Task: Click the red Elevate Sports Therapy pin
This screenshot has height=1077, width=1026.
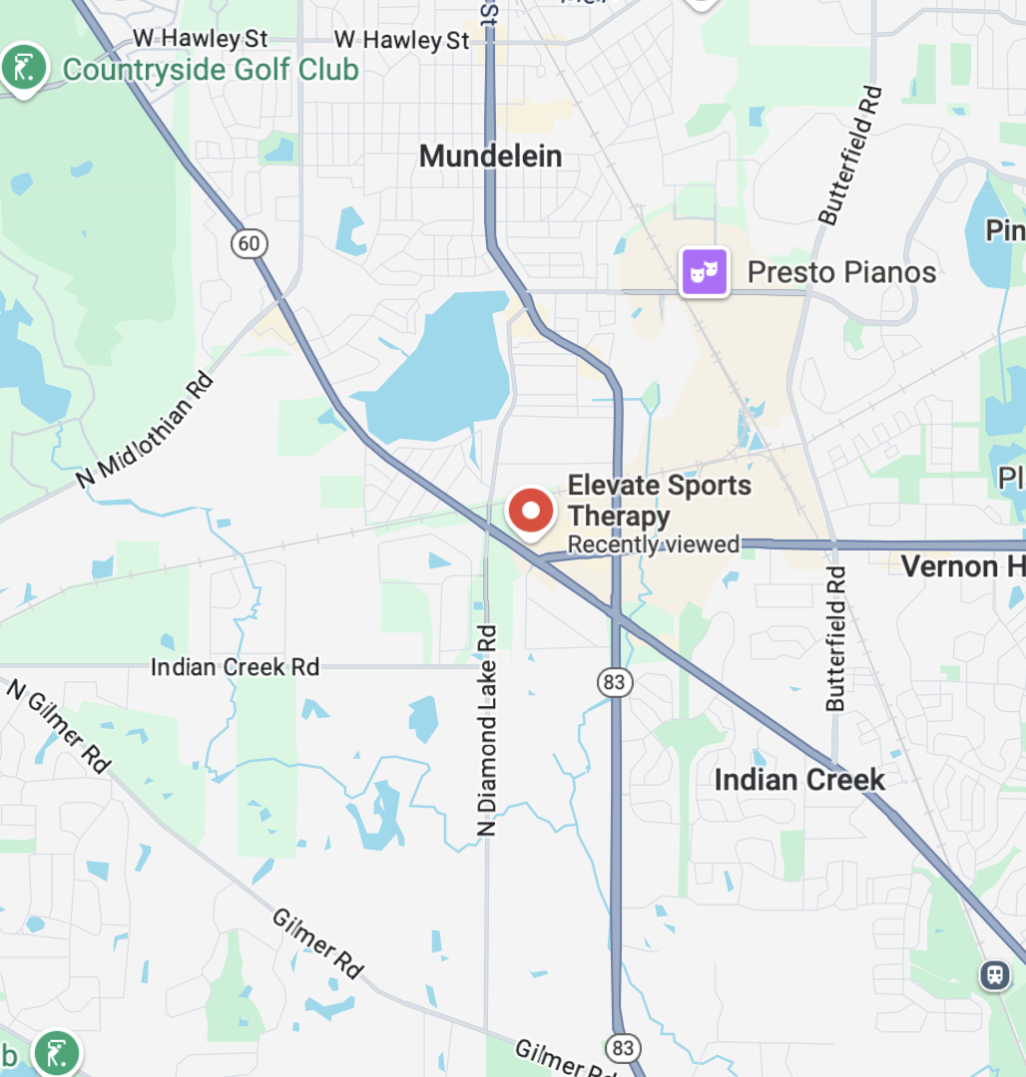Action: click(531, 512)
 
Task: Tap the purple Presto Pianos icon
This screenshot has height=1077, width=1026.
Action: click(704, 272)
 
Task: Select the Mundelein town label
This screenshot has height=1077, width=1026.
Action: click(490, 156)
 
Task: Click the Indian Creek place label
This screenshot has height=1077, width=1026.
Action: click(798, 779)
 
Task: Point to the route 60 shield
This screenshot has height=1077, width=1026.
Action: click(250, 242)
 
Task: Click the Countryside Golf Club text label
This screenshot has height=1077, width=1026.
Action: click(211, 70)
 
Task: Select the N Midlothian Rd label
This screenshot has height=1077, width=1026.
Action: click(146, 431)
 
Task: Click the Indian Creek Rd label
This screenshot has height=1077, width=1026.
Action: click(235, 666)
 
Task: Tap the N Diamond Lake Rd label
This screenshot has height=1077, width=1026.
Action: click(486, 730)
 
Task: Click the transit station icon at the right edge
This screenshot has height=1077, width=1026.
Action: click(995, 974)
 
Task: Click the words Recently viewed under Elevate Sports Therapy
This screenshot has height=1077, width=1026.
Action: click(653, 544)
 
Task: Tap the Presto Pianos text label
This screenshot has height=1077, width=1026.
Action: click(841, 272)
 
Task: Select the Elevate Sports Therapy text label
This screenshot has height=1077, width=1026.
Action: click(659, 501)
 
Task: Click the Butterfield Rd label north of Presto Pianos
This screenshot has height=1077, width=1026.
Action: click(850, 156)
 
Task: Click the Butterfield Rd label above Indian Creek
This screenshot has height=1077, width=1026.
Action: click(835, 638)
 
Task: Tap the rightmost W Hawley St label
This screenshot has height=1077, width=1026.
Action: click(401, 40)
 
